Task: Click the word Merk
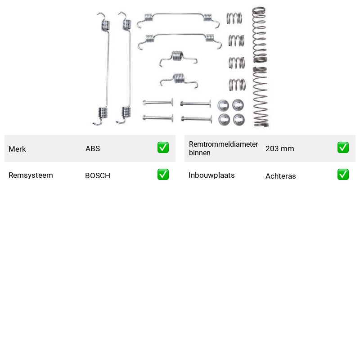[17, 149]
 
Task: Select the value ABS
[93, 148]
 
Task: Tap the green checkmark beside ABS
[163, 148]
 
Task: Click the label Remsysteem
[31, 175]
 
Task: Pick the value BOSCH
[98, 175]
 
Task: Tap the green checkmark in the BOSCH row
[163, 175]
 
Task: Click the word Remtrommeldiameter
[223, 144]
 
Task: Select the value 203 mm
[279, 148]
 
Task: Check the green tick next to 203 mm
[343, 148]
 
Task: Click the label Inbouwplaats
[211, 175]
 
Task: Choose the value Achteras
[280, 176]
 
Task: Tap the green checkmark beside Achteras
[343, 175]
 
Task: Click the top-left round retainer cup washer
[223, 106]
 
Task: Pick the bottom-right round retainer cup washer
[239, 120]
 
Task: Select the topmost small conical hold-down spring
[234, 18]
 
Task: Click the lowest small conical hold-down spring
[237, 85]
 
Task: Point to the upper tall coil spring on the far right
[260, 35]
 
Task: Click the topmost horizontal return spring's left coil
[148, 18]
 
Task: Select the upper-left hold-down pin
[158, 102]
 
